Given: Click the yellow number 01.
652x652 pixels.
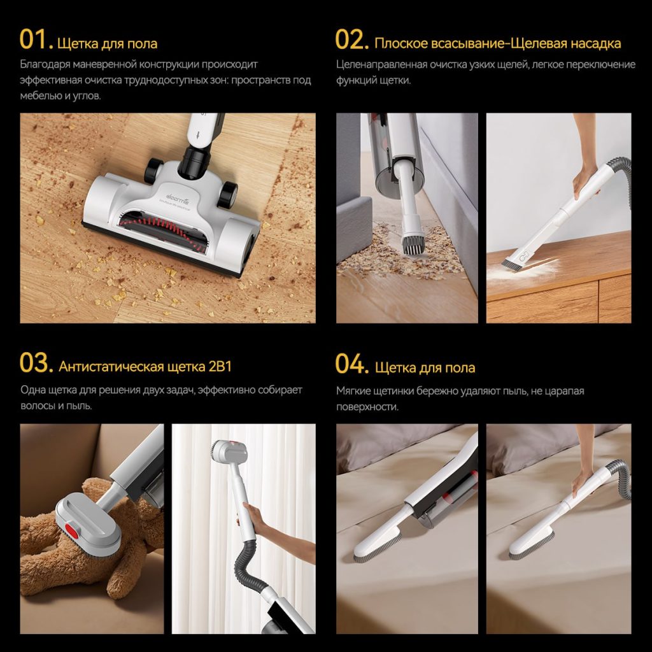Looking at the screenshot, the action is (x=36, y=40).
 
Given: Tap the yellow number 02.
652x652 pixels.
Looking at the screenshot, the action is (x=351, y=40).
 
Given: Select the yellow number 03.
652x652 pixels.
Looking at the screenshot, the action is (x=36, y=363).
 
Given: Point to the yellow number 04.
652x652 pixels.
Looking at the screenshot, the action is (x=351, y=364).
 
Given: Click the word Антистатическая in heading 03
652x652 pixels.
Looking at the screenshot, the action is (x=111, y=366).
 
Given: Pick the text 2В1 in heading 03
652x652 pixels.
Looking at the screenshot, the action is (x=220, y=366).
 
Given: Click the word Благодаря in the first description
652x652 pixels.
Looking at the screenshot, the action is (x=45, y=65).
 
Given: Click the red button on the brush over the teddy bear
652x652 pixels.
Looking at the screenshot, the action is (x=73, y=530).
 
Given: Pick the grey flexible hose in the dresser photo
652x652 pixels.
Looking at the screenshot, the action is (x=618, y=183).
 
